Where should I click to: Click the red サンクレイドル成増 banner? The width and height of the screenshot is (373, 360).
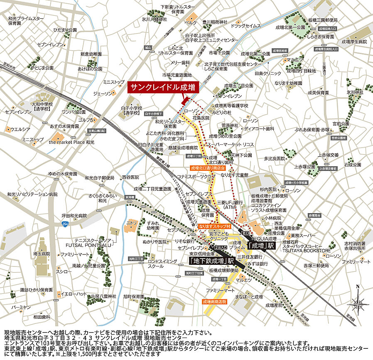pyautogui.click(x=163, y=87)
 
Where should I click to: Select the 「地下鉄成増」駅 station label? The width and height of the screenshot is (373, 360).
pyautogui.click(x=211, y=261)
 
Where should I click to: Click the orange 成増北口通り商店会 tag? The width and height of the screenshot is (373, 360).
pyautogui.click(x=208, y=168)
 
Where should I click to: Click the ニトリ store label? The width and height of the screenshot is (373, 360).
pyautogui.click(x=131, y=223)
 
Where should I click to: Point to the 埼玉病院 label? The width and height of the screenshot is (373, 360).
pyautogui.click(x=42, y=253)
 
